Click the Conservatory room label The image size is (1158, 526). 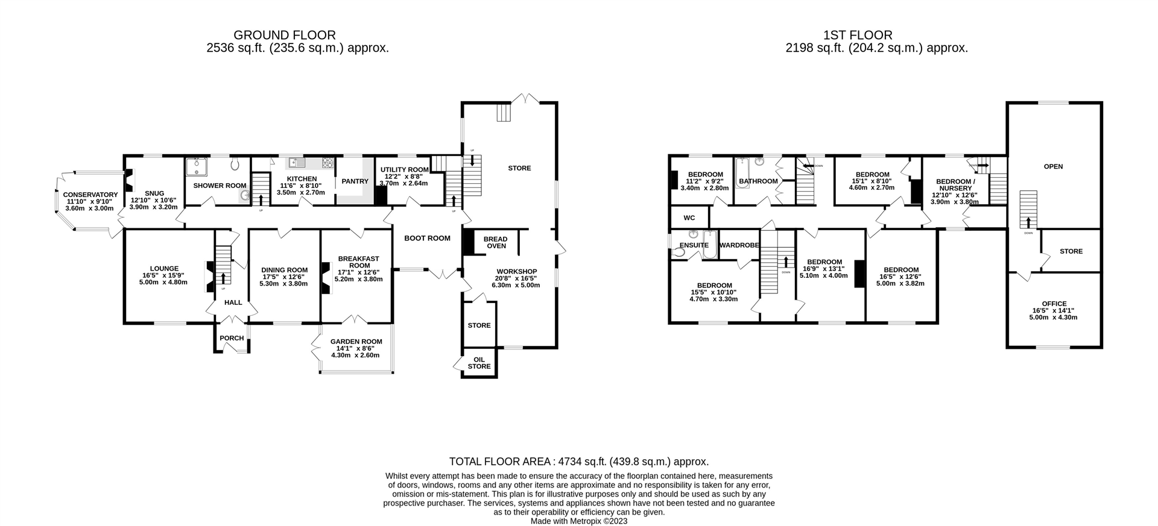(x=90, y=195)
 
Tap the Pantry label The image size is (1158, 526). (x=355, y=181)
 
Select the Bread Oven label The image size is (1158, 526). (x=496, y=242)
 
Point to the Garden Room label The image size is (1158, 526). (x=356, y=342)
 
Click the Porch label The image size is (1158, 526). (x=232, y=338)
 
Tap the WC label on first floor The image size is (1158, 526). (x=689, y=218)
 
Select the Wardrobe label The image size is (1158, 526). (x=739, y=245)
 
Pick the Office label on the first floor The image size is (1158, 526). (x=1054, y=304)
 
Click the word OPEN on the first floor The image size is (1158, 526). (x=1053, y=167)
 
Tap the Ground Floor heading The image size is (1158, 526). (x=284, y=36)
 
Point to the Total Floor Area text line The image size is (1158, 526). (x=578, y=462)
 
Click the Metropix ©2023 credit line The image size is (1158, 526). (x=578, y=521)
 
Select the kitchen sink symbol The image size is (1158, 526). (x=296, y=162)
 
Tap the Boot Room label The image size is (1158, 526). (x=427, y=238)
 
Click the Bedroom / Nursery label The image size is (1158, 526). (x=955, y=184)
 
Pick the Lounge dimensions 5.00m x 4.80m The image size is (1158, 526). (x=164, y=282)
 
